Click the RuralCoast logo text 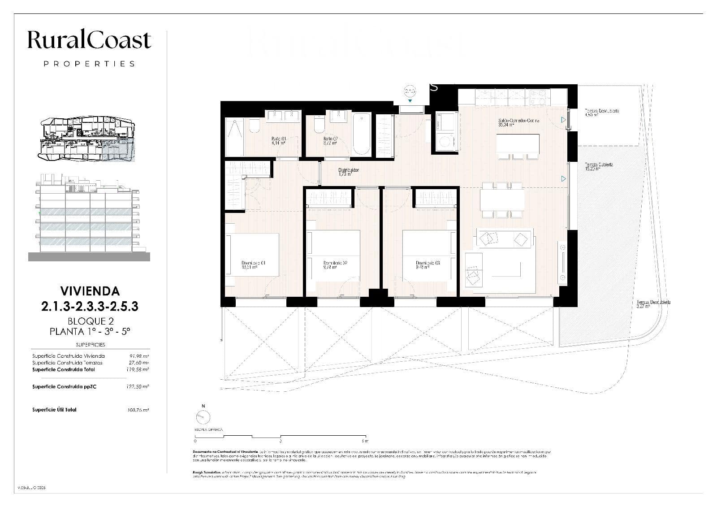pyautogui.click(x=89, y=40)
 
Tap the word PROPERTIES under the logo pyautogui.click(x=89, y=64)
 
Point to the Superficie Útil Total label pyautogui.click(x=54, y=410)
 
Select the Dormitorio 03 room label pyautogui.click(x=427, y=265)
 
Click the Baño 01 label pyautogui.click(x=278, y=141)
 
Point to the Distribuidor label pyautogui.click(x=348, y=172)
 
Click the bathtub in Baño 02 pyautogui.click(x=362, y=134)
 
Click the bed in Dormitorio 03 pyautogui.click(x=429, y=255)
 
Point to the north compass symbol pyautogui.click(x=203, y=417)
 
